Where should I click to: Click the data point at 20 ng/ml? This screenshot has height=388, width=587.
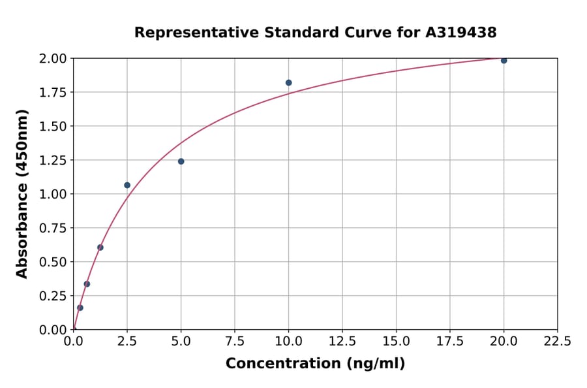click(x=504, y=61)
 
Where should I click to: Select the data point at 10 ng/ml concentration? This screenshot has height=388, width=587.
click(x=288, y=83)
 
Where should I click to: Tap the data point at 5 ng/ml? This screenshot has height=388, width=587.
click(x=181, y=161)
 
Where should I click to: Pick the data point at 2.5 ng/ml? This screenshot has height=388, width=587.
click(x=127, y=186)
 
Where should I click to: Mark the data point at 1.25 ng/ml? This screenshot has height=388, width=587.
click(x=100, y=248)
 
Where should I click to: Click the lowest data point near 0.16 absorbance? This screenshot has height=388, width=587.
click(x=80, y=308)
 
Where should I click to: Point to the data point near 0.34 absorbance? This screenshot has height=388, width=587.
click(x=87, y=284)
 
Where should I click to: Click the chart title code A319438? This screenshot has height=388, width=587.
click(x=461, y=33)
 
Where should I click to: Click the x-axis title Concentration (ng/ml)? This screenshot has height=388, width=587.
click(x=315, y=364)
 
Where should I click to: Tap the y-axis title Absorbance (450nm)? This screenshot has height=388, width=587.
click(x=22, y=194)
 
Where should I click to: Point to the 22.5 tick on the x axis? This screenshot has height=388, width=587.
click(x=557, y=342)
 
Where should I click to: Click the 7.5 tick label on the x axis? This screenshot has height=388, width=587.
click(x=235, y=342)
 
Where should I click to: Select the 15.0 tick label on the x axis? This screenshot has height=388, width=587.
click(x=396, y=342)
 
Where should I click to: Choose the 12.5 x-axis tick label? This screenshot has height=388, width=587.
click(x=342, y=342)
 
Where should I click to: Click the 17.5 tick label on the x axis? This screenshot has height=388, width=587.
click(x=450, y=342)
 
